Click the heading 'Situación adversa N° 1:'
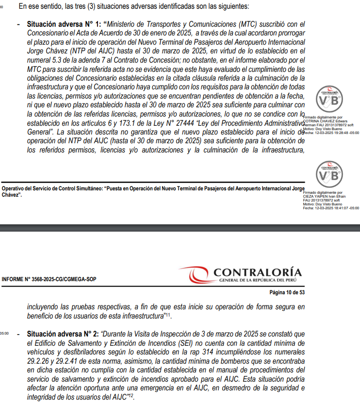pyautogui.click(x=64, y=23)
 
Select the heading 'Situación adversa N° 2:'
pyautogui.click(x=64, y=334)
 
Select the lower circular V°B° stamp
pyautogui.click(x=330, y=176)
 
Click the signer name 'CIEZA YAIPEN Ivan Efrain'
pyautogui.click(x=324, y=196)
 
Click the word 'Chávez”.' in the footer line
pyautogui.click(x=12, y=195)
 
